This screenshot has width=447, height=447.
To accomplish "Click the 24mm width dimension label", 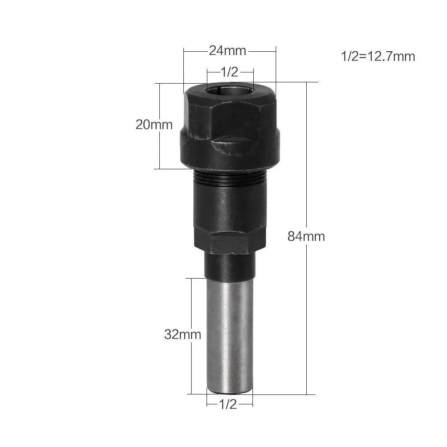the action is (x=228, y=51).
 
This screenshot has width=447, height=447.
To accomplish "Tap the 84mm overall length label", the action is (x=306, y=237).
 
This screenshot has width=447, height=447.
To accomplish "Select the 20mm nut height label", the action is (x=154, y=125).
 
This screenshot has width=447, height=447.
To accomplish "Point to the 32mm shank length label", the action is (x=183, y=335).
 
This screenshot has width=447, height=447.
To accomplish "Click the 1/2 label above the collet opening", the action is (x=229, y=72).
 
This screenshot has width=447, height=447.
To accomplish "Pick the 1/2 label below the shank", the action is (x=228, y=404).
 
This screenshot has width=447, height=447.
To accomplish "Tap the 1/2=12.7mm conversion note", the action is (x=378, y=56).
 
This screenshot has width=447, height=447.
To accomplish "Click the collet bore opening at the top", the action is (x=230, y=89).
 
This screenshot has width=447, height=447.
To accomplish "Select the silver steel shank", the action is (x=229, y=336).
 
